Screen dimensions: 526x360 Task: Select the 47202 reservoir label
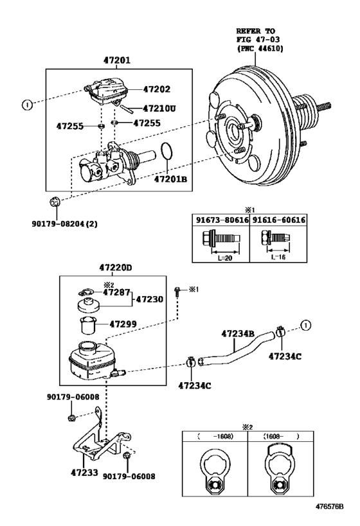click(x=157, y=90)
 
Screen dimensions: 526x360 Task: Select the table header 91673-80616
click(x=221, y=220)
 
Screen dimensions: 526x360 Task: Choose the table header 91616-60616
click(x=278, y=220)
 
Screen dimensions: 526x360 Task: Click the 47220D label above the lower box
click(x=116, y=267)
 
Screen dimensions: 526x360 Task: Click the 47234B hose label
click(x=238, y=333)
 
